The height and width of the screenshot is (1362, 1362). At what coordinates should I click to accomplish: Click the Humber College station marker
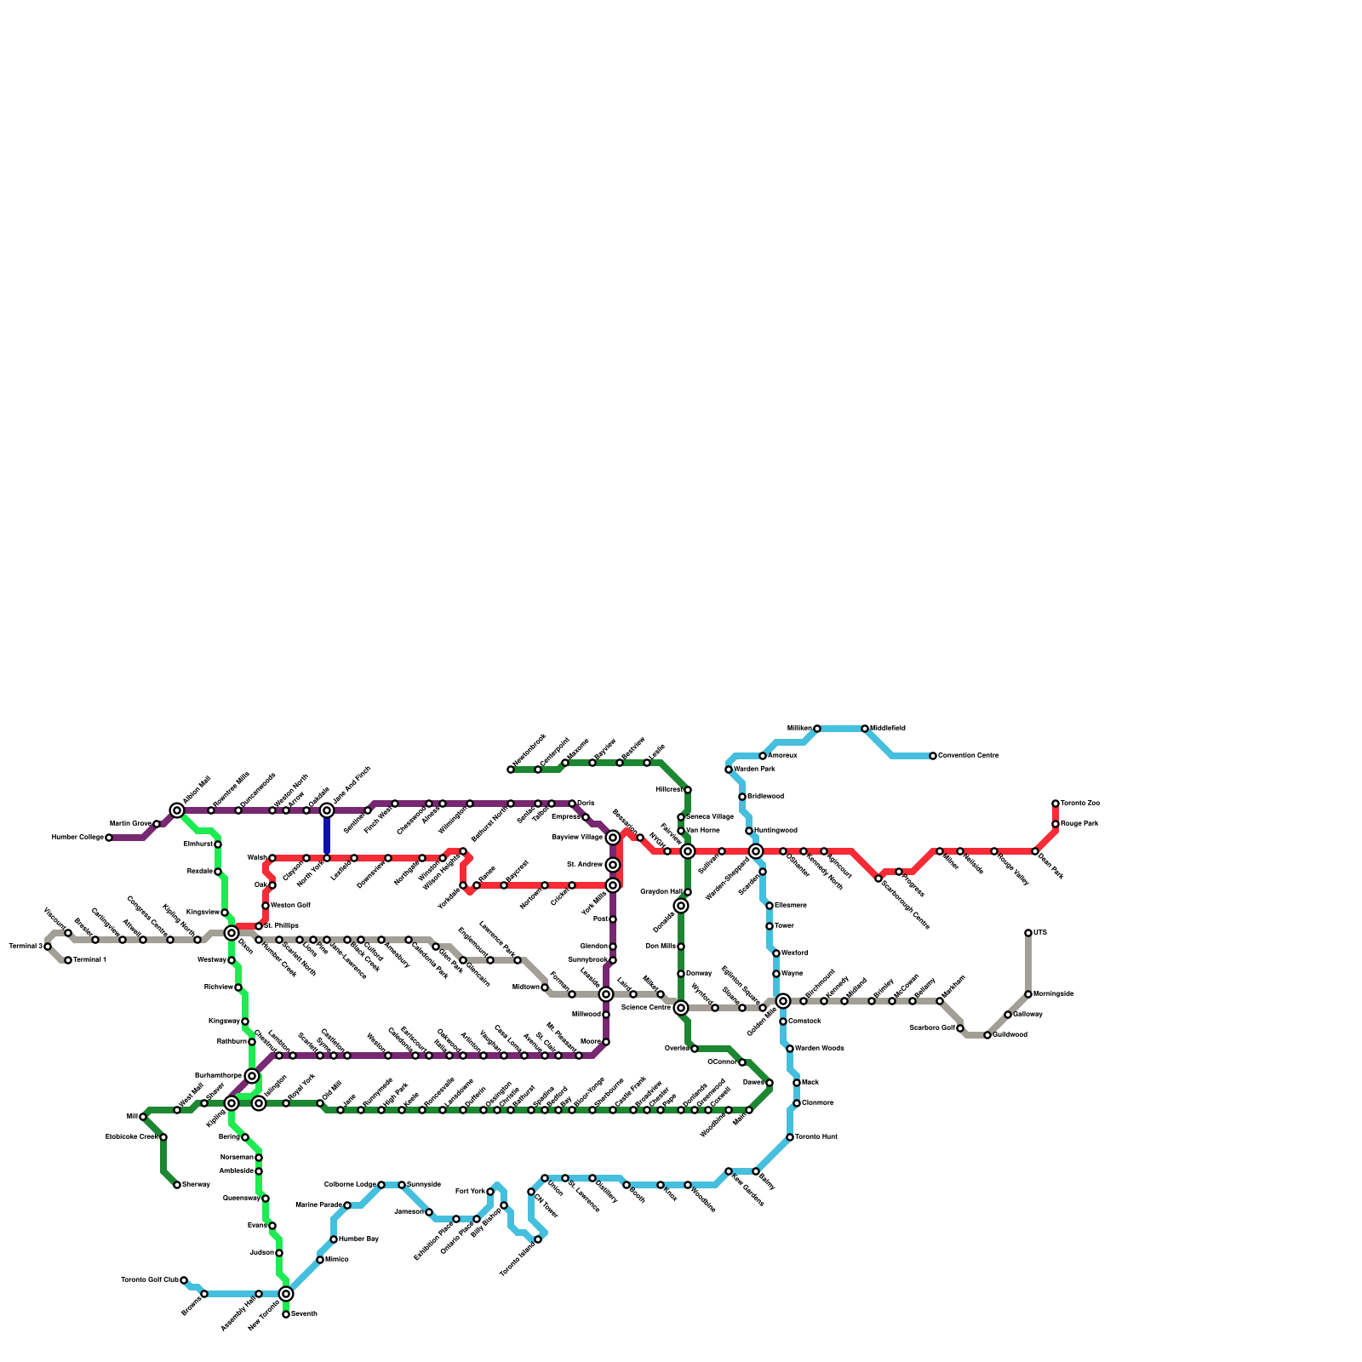pyautogui.click(x=109, y=838)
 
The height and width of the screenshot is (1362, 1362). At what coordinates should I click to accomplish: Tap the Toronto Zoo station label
pyautogui.click(x=1080, y=804)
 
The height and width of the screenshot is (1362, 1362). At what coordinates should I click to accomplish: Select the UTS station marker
pyautogui.click(x=1028, y=933)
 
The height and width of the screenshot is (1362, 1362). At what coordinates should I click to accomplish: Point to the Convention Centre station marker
pyautogui.click(x=933, y=756)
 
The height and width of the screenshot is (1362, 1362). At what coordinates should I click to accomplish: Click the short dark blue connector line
pyautogui.click(x=327, y=834)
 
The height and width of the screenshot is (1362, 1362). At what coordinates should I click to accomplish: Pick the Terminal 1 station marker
pyautogui.click(x=68, y=960)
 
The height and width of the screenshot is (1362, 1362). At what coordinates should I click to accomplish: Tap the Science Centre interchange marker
pyautogui.click(x=681, y=1008)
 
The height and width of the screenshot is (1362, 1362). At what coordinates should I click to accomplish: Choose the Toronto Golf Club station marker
pyautogui.click(x=184, y=1280)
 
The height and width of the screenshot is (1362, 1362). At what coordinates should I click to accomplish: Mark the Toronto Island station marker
pyautogui.click(x=538, y=1239)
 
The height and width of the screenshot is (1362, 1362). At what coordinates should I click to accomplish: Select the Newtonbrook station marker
pyautogui.click(x=511, y=770)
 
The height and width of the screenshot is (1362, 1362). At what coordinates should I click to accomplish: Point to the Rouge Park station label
pyautogui.click(x=1079, y=824)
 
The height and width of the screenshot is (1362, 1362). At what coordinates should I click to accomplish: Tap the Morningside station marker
pyautogui.click(x=1028, y=994)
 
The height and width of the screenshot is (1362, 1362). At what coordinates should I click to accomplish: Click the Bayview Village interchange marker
pyautogui.click(x=613, y=838)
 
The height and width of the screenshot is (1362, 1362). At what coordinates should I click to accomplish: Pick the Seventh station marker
pyautogui.click(x=286, y=1314)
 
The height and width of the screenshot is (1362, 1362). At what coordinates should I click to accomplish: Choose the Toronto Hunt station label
pyautogui.click(x=816, y=1137)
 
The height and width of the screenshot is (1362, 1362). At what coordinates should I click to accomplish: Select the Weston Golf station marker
pyautogui.click(x=266, y=906)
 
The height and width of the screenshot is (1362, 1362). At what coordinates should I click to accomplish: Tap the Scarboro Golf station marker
pyautogui.click(x=960, y=1028)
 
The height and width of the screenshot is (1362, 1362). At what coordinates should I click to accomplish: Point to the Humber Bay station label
pyautogui.click(x=358, y=1239)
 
